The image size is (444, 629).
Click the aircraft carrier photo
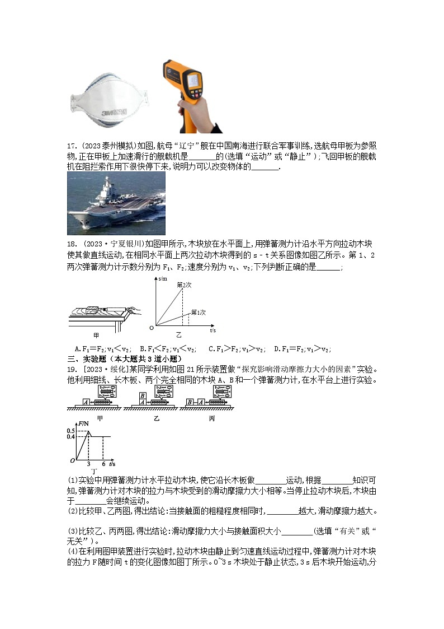coord(116,203)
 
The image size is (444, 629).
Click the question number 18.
coord(72,244)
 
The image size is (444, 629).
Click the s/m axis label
coord(163,278)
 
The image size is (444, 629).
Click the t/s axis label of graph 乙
coord(213,331)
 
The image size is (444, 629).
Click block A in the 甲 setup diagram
coord(86,402)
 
